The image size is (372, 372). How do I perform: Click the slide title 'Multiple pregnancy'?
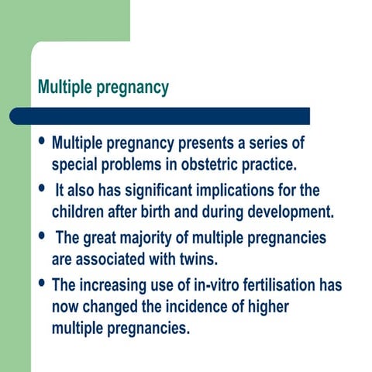pyautogui.click(x=103, y=88)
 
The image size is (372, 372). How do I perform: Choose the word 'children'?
pyautogui.click(x=80, y=211)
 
